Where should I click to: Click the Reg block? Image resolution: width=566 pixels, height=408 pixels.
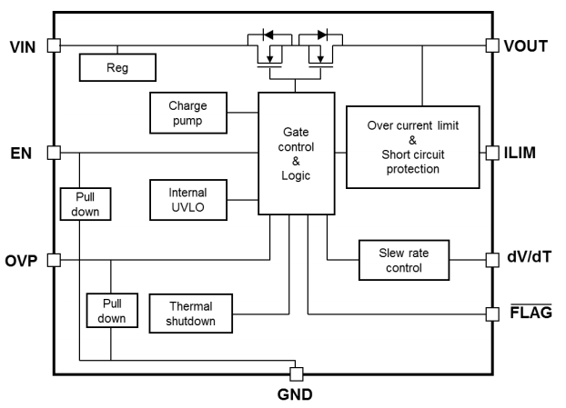pos(117,66)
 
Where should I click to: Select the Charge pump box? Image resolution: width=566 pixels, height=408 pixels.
pos(187,112)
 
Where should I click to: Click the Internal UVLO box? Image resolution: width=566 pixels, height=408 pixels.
pos(187,198)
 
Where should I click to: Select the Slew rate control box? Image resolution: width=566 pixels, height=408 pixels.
pos(403,261)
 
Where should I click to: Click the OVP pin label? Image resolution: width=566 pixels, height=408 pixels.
pos(22,261)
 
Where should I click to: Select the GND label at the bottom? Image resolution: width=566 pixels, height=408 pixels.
pos(295,396)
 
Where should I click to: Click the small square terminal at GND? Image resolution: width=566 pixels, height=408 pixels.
pos(295,373)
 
